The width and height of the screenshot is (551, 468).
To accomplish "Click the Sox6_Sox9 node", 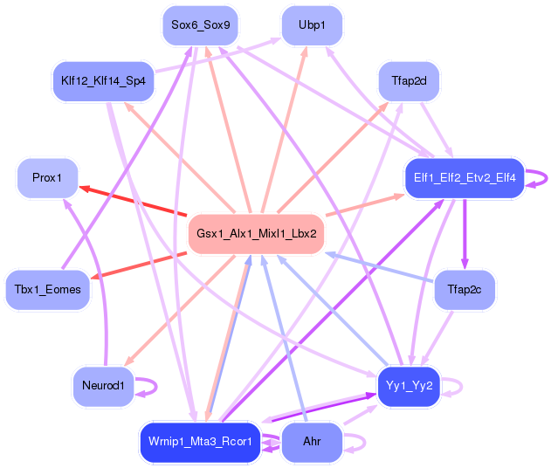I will [x=201, y=25].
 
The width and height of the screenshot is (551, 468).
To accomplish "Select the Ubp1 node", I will [x=312, y=25].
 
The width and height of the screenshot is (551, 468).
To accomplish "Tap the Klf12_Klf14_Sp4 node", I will [x=103, y=81].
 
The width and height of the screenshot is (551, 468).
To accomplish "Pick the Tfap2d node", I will [x=409, y=82].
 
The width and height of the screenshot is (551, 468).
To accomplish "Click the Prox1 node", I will [x=47, y=178].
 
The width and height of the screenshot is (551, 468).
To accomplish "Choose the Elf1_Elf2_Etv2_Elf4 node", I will [x=463, y=178].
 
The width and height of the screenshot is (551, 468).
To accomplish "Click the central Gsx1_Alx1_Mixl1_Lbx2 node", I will [x=256, y=234].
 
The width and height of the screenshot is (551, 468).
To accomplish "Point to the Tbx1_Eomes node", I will [x=47, y=290].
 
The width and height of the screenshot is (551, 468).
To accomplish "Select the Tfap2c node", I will [x=465, y=290].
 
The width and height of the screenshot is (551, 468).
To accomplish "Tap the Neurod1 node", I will [x=103, y=385].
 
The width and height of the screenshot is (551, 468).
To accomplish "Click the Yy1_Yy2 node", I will [x=408, y=385].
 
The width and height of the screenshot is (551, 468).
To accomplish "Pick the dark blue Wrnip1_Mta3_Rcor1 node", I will [x=200, y=442].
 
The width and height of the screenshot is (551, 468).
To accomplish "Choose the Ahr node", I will [x=312, y=442].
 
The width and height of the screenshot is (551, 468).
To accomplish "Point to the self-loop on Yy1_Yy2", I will [x=455, y=385].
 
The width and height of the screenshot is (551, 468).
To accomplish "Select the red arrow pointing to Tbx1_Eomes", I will [x=140, y=265].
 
